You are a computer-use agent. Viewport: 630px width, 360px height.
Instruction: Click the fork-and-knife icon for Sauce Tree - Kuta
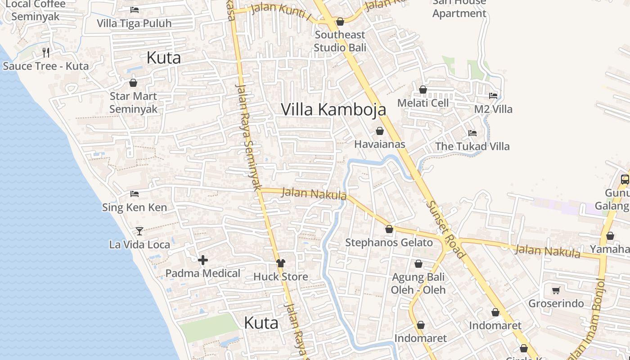(45, 53)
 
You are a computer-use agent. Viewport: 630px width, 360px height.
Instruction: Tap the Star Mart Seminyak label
(133, 103)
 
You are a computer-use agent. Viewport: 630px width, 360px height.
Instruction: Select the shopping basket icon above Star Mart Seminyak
(133, 83)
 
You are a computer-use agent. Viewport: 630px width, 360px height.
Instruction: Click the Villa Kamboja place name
(333, 109)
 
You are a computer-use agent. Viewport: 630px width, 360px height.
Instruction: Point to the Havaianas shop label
(379, 144)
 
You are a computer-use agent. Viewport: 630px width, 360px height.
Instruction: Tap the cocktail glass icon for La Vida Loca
(139, 231)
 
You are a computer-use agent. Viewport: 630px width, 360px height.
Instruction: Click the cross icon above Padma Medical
(203, 260)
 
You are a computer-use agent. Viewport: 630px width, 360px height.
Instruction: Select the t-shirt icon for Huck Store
(281, 263)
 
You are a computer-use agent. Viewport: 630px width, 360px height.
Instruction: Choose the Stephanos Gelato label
(389, 243)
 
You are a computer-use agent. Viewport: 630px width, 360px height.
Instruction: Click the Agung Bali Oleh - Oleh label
(418, 283)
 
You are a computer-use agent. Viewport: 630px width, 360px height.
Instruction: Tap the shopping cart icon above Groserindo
(556, 290)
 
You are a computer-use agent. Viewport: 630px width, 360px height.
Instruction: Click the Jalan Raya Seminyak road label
(248, 137)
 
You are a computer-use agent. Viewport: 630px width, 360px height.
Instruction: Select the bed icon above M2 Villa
(493, 96)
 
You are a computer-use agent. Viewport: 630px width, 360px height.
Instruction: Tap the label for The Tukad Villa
(472, 146)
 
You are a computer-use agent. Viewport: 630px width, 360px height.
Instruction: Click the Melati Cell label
(423, 103)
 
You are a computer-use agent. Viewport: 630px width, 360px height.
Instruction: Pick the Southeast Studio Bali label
(340, 41)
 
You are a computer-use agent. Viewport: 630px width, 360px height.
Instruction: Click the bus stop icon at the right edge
(625, 179)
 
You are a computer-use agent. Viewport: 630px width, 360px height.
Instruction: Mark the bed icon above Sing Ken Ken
(134, 194)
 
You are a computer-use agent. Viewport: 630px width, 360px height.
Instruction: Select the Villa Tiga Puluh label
(134, 23)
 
